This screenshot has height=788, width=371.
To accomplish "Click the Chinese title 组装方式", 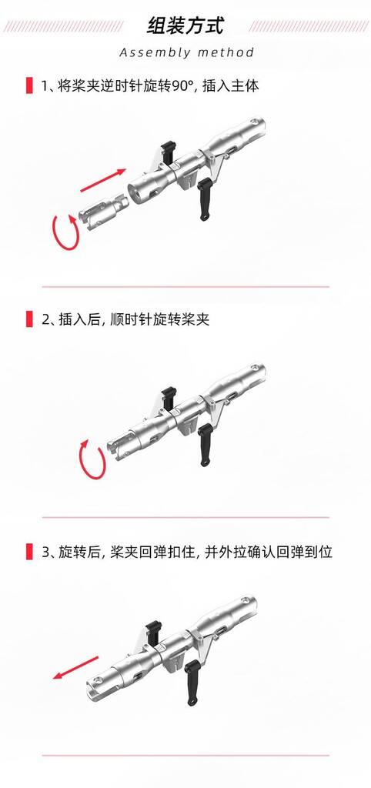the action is click(185, 25).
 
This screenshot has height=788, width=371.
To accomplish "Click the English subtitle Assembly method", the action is click(186, 53).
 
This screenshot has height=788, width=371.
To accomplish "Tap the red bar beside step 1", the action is click(29, 85).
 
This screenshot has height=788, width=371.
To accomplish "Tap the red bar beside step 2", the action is click(29, 319).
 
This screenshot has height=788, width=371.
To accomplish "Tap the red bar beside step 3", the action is click(29, 552).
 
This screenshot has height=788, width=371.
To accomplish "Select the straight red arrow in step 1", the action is click(103, 180).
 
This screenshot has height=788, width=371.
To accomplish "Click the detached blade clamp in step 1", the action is click(102, 213).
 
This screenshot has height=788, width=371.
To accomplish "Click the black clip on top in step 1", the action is click(167, 150).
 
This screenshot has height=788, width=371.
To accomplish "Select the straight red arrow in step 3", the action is click(75, 667).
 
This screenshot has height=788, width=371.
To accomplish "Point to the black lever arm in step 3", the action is click(191, 683).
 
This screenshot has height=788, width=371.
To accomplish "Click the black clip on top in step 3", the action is click(154, 630).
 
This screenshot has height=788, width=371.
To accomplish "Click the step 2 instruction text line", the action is click(125, 319).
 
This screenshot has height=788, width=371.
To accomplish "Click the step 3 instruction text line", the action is click(187, 552).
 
